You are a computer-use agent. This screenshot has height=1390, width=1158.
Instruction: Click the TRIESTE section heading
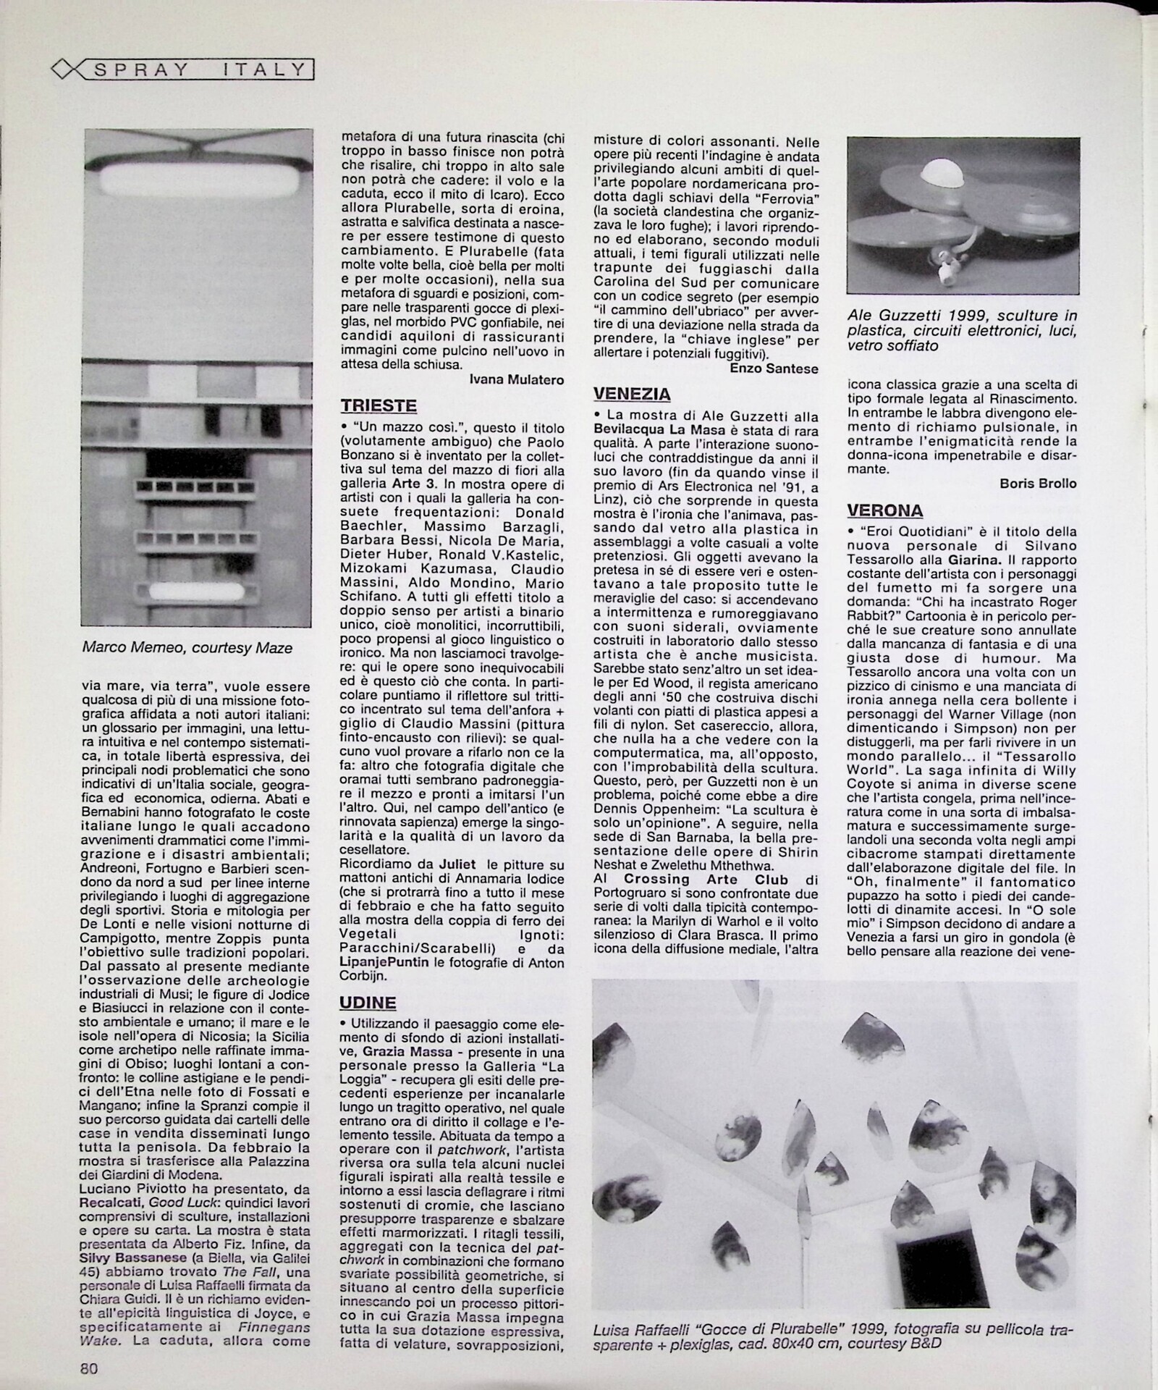click(x=379, y=405)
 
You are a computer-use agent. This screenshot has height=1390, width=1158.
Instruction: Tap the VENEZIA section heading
click(x=632, y=394)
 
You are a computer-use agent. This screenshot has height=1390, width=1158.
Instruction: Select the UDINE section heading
click(x=368, y=1003)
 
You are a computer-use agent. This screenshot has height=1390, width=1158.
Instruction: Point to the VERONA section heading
click(x=885, y=510)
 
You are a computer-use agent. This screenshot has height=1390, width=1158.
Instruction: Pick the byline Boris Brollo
click(x=1038, y=484)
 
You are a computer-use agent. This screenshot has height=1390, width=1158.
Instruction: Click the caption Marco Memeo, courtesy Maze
click(x=187, y=648)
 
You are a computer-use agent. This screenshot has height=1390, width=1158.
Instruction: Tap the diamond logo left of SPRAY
click(x=66, y=69)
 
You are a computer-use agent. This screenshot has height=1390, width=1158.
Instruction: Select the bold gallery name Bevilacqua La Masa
click(x=660, y=430)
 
